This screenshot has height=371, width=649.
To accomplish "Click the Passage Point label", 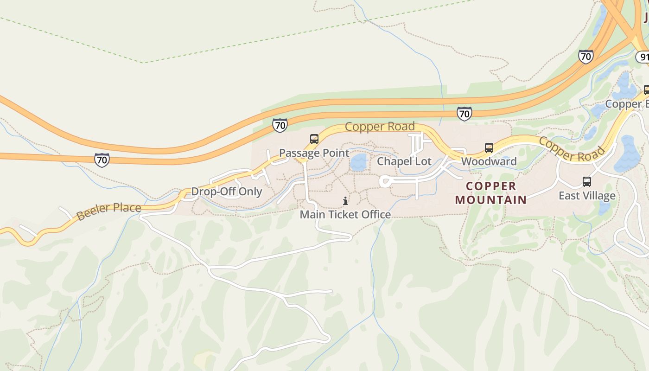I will point(314,153).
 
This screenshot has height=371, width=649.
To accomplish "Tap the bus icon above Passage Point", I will point(314,139).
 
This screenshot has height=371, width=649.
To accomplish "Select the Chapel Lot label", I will point(404,161).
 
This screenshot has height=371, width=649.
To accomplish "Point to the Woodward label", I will point(489,161).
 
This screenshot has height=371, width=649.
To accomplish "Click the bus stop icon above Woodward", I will point(489,148).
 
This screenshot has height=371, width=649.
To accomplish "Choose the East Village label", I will point(587,195).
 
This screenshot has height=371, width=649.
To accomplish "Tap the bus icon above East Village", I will point(587,182).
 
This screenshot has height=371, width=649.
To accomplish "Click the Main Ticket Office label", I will point(345,215).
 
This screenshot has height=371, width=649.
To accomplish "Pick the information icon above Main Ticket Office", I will point(345,201).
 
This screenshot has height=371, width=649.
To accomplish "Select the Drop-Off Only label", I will point(227,192).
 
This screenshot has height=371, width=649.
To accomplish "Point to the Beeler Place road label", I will point(108,211).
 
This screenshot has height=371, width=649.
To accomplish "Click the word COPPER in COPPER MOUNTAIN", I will point(491,186).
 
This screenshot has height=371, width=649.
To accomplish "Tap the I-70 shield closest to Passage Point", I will point(280,125).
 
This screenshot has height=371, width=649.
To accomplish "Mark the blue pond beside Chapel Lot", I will point(358,163).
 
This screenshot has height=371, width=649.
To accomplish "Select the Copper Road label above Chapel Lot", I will point(380,127).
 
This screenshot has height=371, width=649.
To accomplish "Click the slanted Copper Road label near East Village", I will point(572,149).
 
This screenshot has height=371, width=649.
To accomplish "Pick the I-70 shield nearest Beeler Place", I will point(102,160).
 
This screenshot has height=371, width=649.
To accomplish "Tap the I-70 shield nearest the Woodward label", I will point(464,114).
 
